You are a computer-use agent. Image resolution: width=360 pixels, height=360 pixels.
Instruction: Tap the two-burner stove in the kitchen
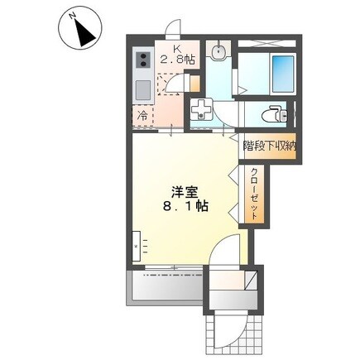tap(141, 60)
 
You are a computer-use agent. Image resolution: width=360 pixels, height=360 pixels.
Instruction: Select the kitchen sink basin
tap(139, 89)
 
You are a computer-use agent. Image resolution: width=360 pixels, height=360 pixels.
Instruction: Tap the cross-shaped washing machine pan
tap(201, 110)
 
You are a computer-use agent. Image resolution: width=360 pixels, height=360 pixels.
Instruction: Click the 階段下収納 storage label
tap(270, 146)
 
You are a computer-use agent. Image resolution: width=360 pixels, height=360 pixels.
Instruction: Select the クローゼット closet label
tap(254, 192)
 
